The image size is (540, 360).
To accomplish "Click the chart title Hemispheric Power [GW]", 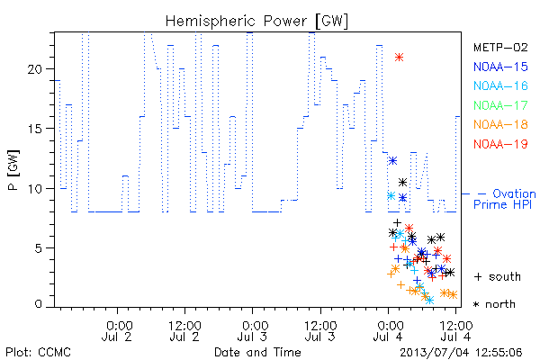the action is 256,21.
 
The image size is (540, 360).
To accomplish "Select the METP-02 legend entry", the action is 500,47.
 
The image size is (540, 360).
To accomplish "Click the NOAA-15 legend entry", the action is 500,67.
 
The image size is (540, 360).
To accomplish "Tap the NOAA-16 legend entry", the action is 500,85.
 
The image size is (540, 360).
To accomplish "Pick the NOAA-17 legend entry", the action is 500,105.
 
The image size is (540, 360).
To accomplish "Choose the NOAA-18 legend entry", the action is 500,124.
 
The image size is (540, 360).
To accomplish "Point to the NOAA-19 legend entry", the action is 500,144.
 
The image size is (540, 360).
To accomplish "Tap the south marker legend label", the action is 498,276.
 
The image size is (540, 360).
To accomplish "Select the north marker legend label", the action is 494,304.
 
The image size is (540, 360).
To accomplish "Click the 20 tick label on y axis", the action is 35,69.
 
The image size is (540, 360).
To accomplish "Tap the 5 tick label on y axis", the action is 39,248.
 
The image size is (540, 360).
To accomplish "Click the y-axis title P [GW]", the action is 13,170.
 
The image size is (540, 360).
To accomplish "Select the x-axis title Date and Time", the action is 257,352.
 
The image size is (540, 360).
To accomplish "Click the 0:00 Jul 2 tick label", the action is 117,331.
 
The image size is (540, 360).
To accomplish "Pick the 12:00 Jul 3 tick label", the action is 320,331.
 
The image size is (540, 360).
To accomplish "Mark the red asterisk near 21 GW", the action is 399,58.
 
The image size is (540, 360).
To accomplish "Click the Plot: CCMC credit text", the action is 38,352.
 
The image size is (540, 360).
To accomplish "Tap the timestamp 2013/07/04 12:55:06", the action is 461,353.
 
